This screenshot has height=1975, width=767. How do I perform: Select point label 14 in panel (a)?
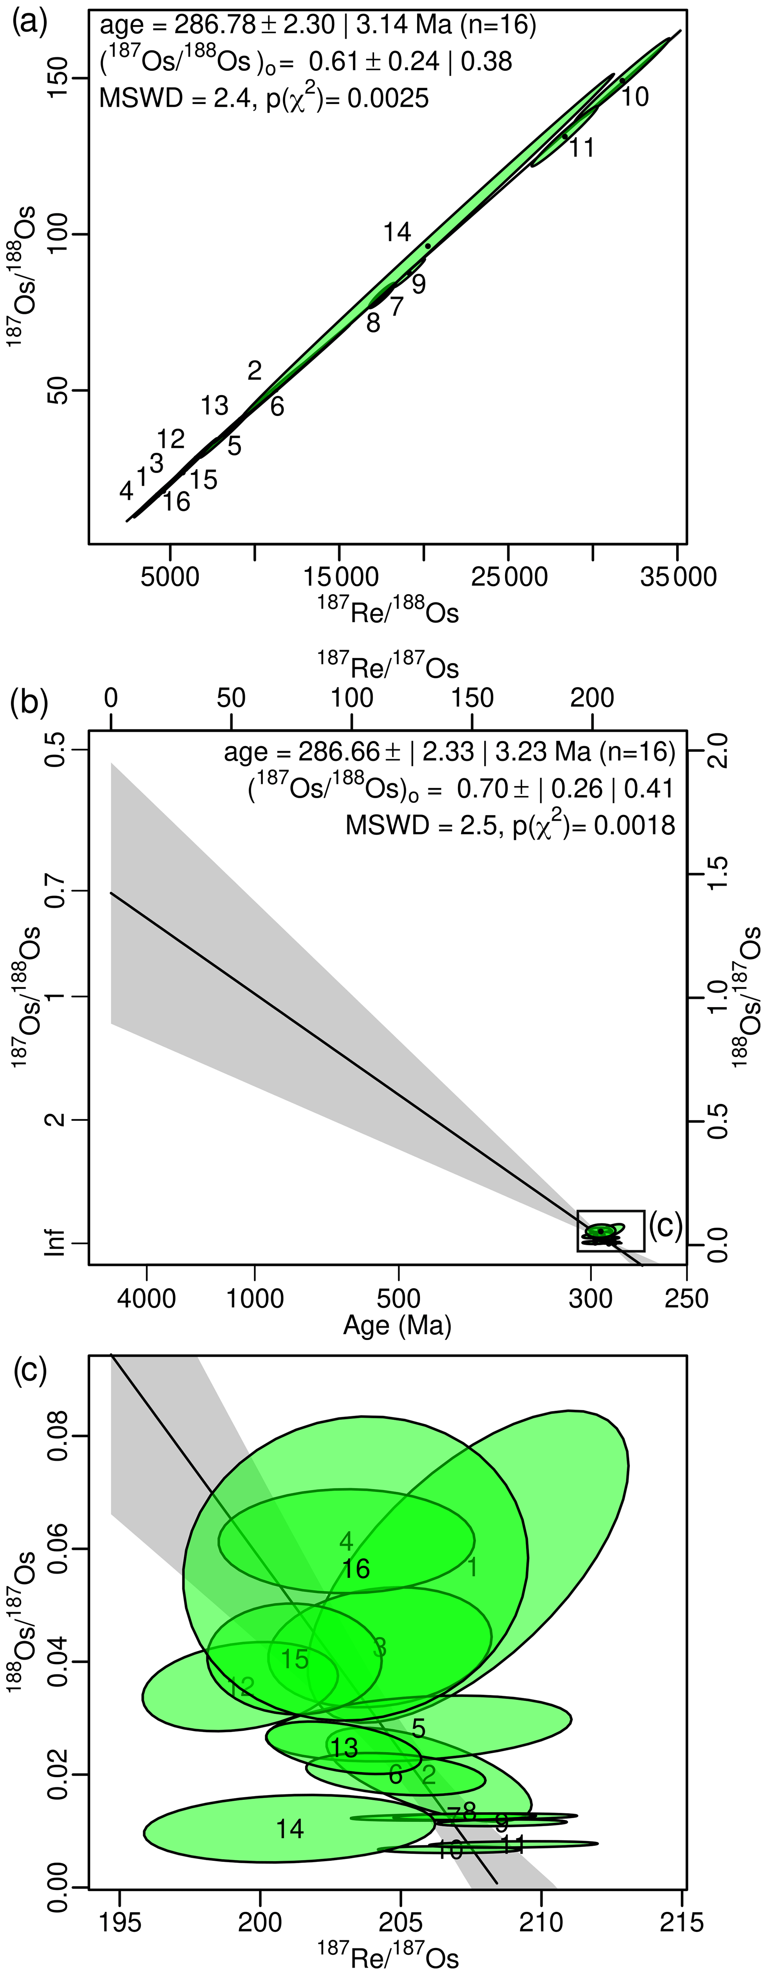tap(397, 232)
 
